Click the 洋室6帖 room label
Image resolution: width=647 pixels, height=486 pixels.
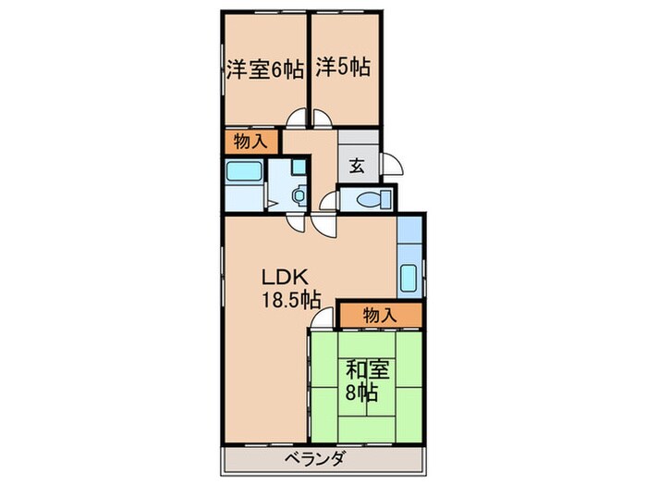coord(264,69)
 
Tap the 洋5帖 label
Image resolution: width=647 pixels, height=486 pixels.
coord(343,68)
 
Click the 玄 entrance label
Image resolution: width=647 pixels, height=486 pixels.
coord(357,168)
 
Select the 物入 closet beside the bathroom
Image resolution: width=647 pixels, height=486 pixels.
coord(250,142)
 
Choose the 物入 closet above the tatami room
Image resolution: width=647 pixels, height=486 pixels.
coord(380,316)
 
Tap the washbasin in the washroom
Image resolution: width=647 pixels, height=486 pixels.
coord(298,194)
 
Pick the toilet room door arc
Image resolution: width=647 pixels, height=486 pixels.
coord(328,201)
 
